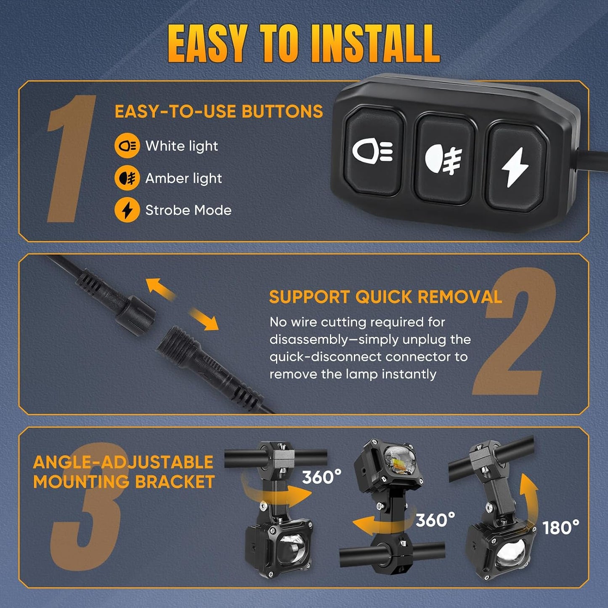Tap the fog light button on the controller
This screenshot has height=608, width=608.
445,159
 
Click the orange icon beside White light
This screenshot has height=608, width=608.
127,146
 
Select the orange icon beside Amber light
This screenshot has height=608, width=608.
127,178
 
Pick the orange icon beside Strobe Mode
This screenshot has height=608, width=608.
127,210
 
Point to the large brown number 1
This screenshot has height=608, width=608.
71,158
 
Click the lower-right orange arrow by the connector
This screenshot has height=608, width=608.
204,319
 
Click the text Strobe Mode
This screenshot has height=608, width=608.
189,210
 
